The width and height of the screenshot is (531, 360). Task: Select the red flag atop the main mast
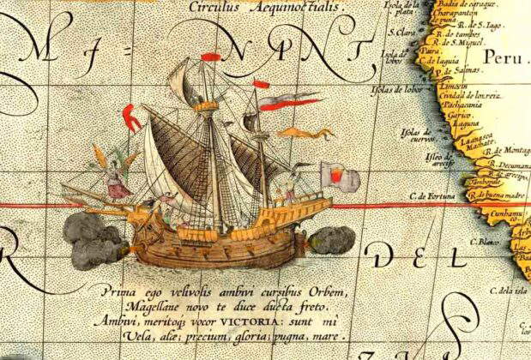[x=210, y=58]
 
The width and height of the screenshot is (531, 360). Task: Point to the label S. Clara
[x=402, y=33]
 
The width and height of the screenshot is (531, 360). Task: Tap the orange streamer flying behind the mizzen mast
[x=293, y=132]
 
